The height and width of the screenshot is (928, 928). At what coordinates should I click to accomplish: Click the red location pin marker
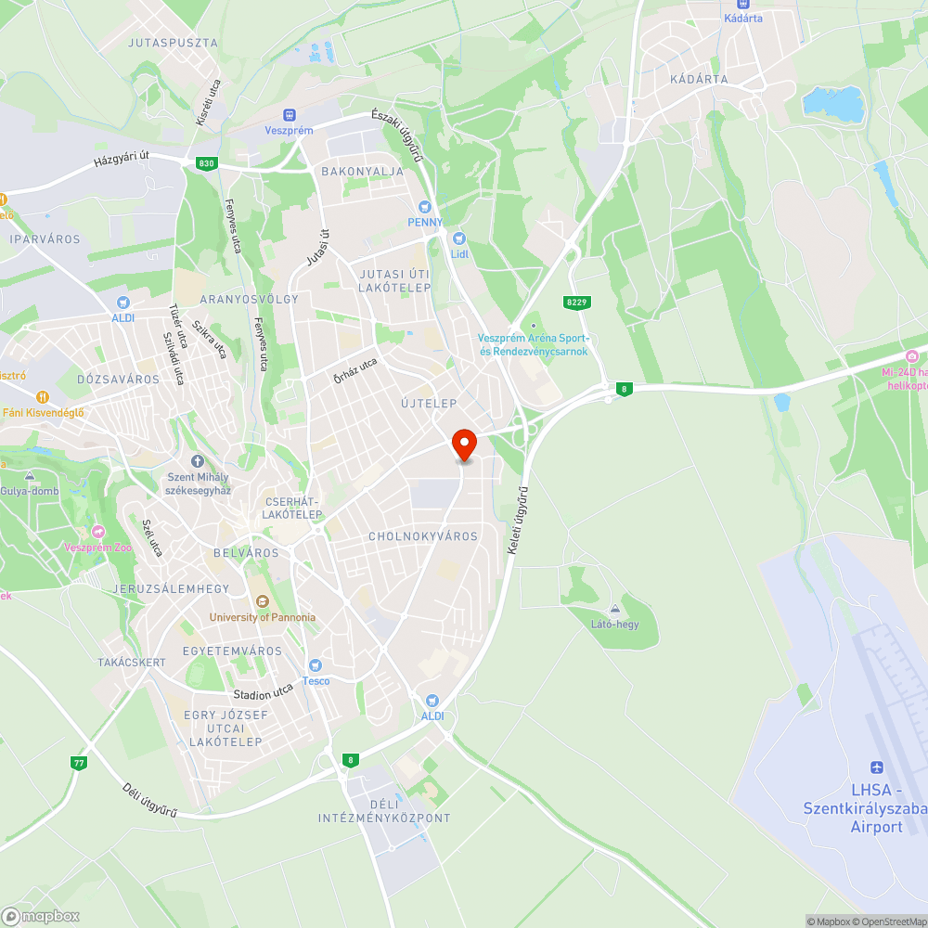[x=463, y=444]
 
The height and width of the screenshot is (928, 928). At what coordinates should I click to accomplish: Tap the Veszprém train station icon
[x=289, y=114]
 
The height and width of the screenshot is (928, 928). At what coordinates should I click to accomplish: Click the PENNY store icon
[x=425, y=207]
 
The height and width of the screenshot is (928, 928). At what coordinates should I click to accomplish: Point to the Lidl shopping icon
[x=458, y=238]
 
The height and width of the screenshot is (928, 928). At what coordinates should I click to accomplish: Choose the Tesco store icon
[x=316, y=665]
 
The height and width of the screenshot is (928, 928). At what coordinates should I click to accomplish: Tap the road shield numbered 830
[x=206, y=163]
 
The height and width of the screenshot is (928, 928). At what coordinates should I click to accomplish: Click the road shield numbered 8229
[x=576, y=303]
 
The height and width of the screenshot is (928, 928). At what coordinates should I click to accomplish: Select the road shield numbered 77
[x=79, y=763]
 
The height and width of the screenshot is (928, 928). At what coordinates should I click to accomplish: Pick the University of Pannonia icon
[x=262, y=601]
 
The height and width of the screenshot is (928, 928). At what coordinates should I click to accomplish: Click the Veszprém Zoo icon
[x=98, y=532]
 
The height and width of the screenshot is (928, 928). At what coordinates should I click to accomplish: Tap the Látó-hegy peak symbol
[x=614, y=609]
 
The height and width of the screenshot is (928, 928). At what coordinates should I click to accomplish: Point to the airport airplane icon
[x=877, y=767]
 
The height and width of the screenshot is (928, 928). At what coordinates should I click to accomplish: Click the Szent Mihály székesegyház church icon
[x=197, y=461]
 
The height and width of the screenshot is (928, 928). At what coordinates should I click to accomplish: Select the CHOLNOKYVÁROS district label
[x=422, y=536]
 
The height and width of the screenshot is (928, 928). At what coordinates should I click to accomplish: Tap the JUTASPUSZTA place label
[x=173, y=43]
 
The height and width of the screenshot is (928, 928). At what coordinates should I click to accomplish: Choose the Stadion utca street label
[x=263, y=691]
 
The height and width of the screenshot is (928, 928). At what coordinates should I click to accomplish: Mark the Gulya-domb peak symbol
[x=30, y=475]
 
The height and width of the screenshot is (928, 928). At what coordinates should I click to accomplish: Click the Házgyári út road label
[x=122, y=160]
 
